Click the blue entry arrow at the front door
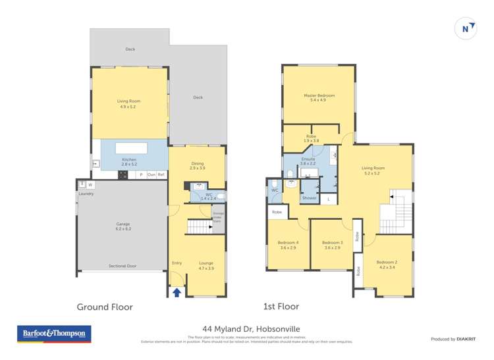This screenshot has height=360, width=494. coord(177,292)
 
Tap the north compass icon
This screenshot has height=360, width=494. coord(466,29)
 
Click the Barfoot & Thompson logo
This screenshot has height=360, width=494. coord(54,334)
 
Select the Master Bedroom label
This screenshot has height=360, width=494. coord(319,96)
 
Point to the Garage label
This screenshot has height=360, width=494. coord(123,224)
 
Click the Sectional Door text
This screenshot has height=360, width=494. coord(123,266)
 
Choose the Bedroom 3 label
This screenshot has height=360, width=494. coord(332,243)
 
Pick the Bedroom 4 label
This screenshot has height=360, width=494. coord(288,243)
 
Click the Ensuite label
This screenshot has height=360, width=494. coord(308,159)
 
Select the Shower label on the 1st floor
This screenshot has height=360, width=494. coord(309,197)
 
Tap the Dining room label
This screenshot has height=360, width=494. coord(197,165)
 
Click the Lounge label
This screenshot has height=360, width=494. coord(206,263)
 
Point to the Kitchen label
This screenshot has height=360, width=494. coord(128,159)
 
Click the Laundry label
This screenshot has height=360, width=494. coord(86,193)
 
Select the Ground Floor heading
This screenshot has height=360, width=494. coord(105,307)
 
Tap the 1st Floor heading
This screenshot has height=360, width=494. coord(281,307)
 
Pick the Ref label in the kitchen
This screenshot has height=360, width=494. coord(161,174)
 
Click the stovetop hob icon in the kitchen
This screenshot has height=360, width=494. coord(122,174)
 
